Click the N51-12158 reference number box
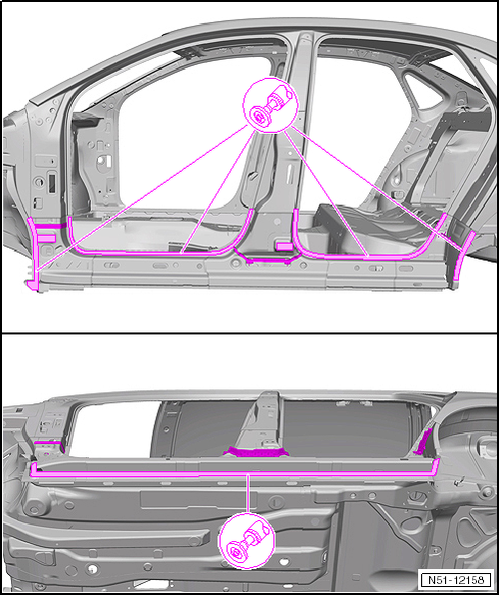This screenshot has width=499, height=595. pos(456,580)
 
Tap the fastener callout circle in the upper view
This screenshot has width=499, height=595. pos(270,106)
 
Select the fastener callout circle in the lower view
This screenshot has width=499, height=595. pos(247,541)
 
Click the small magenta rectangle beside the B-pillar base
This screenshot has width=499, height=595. pos(284,247)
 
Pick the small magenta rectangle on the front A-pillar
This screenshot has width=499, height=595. pos(48,239)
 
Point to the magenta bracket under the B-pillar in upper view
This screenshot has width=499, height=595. pos(267,257)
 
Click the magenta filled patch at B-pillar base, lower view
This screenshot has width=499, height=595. pos(256,452)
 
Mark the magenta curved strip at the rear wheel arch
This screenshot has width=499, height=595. pos(462,258)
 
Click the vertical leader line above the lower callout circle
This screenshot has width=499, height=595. pos(249,494)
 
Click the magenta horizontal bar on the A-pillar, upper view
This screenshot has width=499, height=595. pos(51,226)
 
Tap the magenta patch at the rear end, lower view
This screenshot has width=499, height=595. pos(423,442)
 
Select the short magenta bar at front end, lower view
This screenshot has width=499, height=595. pos(47,442)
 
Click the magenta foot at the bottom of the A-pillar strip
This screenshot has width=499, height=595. pos(33,284)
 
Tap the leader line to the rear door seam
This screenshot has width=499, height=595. pos(326,194)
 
